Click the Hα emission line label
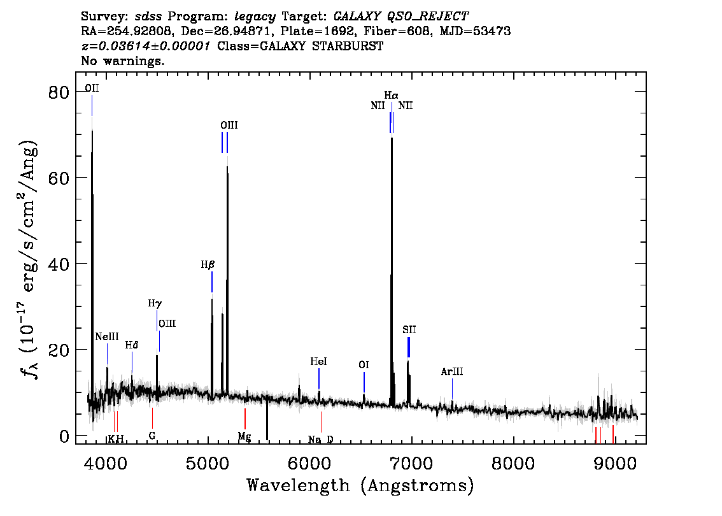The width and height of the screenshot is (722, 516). (x=391, y=96)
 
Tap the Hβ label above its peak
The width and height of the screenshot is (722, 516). (x=208, y=265)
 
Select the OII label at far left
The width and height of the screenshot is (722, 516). (x=92, y=88)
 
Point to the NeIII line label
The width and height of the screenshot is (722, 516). (x=107, y=337)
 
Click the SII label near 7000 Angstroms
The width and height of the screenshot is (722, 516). (x=409, y=330)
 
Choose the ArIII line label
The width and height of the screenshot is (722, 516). (x=451, y=371)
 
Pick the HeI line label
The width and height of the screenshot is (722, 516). (x=318, y=362)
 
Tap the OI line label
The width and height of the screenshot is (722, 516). (x=364, y=366)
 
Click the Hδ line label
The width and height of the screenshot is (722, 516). (x=132, y=345)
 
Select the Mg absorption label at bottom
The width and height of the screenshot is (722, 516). (x=244, y=436)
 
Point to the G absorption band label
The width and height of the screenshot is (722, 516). (x=152, y=435)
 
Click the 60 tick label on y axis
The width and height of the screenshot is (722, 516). (x=59, y=178)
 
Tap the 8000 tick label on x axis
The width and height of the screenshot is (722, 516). (x=513, y=463)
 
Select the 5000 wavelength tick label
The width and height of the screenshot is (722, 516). (x=208, y=463)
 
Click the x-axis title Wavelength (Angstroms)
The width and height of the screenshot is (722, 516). (x=360, y=485)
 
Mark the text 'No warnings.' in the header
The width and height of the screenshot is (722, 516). (x=122, y=61)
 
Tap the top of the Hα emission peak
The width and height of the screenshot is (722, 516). (x=392, y=137)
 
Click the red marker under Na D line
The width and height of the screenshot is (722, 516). (x=321, y=422)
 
